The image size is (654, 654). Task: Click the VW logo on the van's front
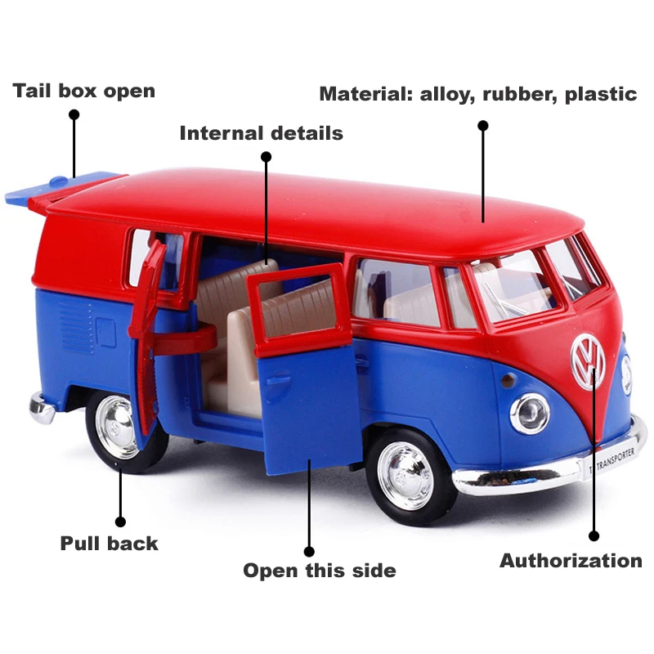click(588, 361)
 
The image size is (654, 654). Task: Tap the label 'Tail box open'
click(83, 90)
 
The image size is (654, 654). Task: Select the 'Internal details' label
click(261, 132)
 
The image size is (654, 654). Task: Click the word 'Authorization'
click(571, 561)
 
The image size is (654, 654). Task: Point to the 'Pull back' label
click(109, 543)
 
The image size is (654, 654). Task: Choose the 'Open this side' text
click(319, 571)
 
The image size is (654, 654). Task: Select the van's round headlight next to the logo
click(530, 412)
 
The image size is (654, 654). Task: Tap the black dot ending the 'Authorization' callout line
click(594, 536)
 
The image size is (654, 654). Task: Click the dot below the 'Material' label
click(483, 126)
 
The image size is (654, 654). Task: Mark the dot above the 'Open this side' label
click(309, 552)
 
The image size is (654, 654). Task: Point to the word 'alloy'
click(446, 94)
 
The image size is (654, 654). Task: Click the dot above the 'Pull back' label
click(120, 521)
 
